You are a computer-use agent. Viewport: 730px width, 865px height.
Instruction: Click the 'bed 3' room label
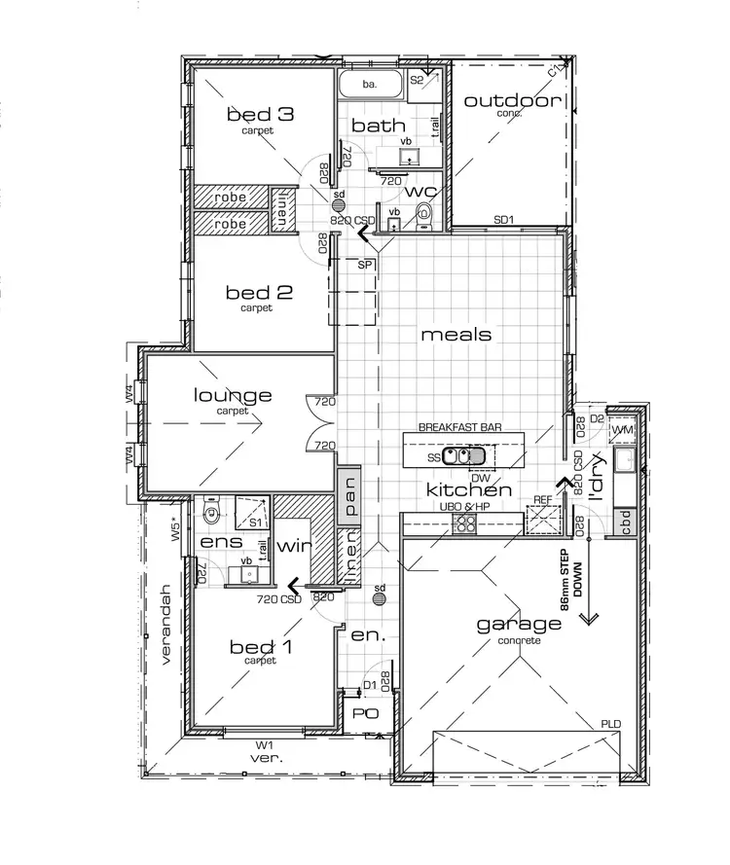click(260, 115)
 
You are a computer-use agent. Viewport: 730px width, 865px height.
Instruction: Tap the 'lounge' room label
click(233, 396)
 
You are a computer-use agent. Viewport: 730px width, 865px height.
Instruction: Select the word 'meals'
click(456, 335)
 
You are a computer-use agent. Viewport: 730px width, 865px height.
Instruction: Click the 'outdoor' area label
click(512, 101)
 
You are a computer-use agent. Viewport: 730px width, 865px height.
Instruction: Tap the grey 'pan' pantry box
click(347, 494)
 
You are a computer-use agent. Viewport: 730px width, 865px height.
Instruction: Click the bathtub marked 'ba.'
click(370, 85)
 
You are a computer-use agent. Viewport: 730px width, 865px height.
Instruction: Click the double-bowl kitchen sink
click(464, 454)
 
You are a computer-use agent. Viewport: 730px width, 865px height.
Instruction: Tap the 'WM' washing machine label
click(623, 430)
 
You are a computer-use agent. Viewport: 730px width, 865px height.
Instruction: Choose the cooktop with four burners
click(466, 524)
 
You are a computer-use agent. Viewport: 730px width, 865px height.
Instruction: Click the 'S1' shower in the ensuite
click(251, 511)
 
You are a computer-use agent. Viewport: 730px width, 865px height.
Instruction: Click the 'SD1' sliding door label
click(503, 220)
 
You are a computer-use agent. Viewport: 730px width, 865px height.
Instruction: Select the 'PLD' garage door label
click(611, 725)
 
